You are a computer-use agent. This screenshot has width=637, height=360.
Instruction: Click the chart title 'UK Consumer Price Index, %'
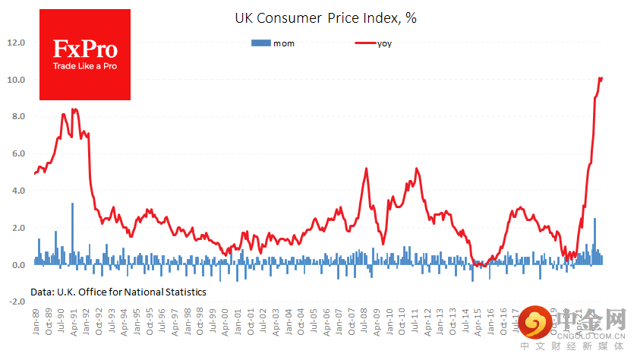pos(325,18)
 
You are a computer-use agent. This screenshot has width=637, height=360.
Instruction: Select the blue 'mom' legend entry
pos(273,43)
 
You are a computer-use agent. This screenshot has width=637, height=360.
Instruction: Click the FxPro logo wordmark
pos(85,50)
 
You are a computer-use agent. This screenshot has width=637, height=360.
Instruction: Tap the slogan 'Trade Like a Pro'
pos(85,66)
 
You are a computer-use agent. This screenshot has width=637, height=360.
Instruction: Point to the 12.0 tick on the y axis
pos(17,43)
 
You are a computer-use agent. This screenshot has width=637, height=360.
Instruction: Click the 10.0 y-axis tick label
pos(17,80)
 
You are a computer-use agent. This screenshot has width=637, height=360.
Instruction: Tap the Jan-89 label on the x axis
pos(36,322)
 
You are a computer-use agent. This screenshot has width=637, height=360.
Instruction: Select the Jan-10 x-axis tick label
pos(394,322)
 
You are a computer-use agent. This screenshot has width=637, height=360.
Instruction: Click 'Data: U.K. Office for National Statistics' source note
pos(118,292)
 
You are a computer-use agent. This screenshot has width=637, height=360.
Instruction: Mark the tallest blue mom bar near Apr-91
pos(72,228)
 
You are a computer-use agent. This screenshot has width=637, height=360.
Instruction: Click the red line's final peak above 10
pos(601,78)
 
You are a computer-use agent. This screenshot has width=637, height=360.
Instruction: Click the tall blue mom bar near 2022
pos(594,239)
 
